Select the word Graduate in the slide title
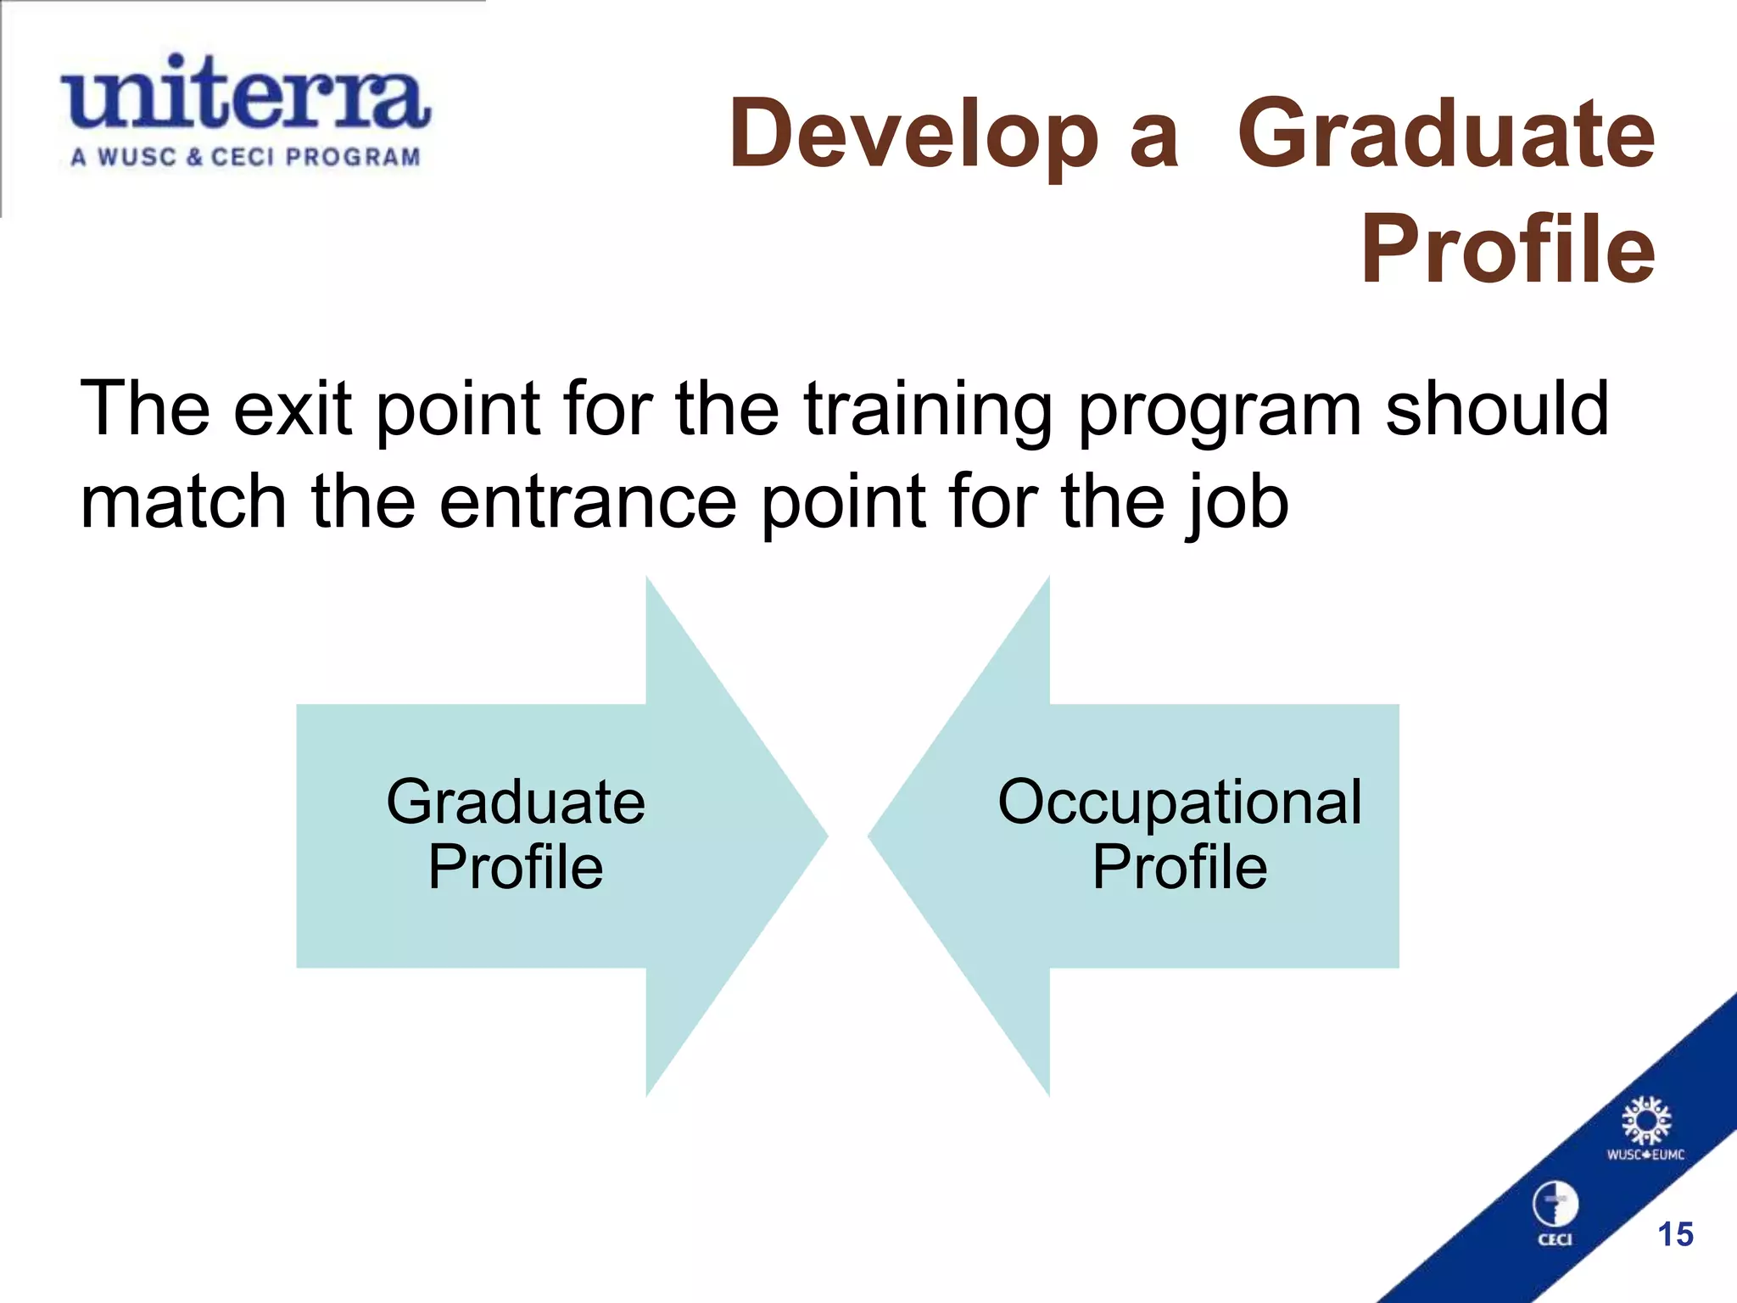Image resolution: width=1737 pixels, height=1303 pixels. (1445, 134)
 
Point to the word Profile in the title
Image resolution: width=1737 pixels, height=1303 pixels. (1507, 249)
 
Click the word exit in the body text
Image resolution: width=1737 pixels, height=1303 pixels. (293, 409)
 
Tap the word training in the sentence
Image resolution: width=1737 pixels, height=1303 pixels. (928, 411)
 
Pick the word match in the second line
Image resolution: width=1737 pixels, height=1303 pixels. (183, 502)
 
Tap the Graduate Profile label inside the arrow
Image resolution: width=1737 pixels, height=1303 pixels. (516, 834)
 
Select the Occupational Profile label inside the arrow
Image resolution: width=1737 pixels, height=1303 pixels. (1179, 834)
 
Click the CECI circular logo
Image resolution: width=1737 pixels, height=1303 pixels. (1555, 1209)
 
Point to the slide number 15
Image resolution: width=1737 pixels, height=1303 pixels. (1675, 1234)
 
